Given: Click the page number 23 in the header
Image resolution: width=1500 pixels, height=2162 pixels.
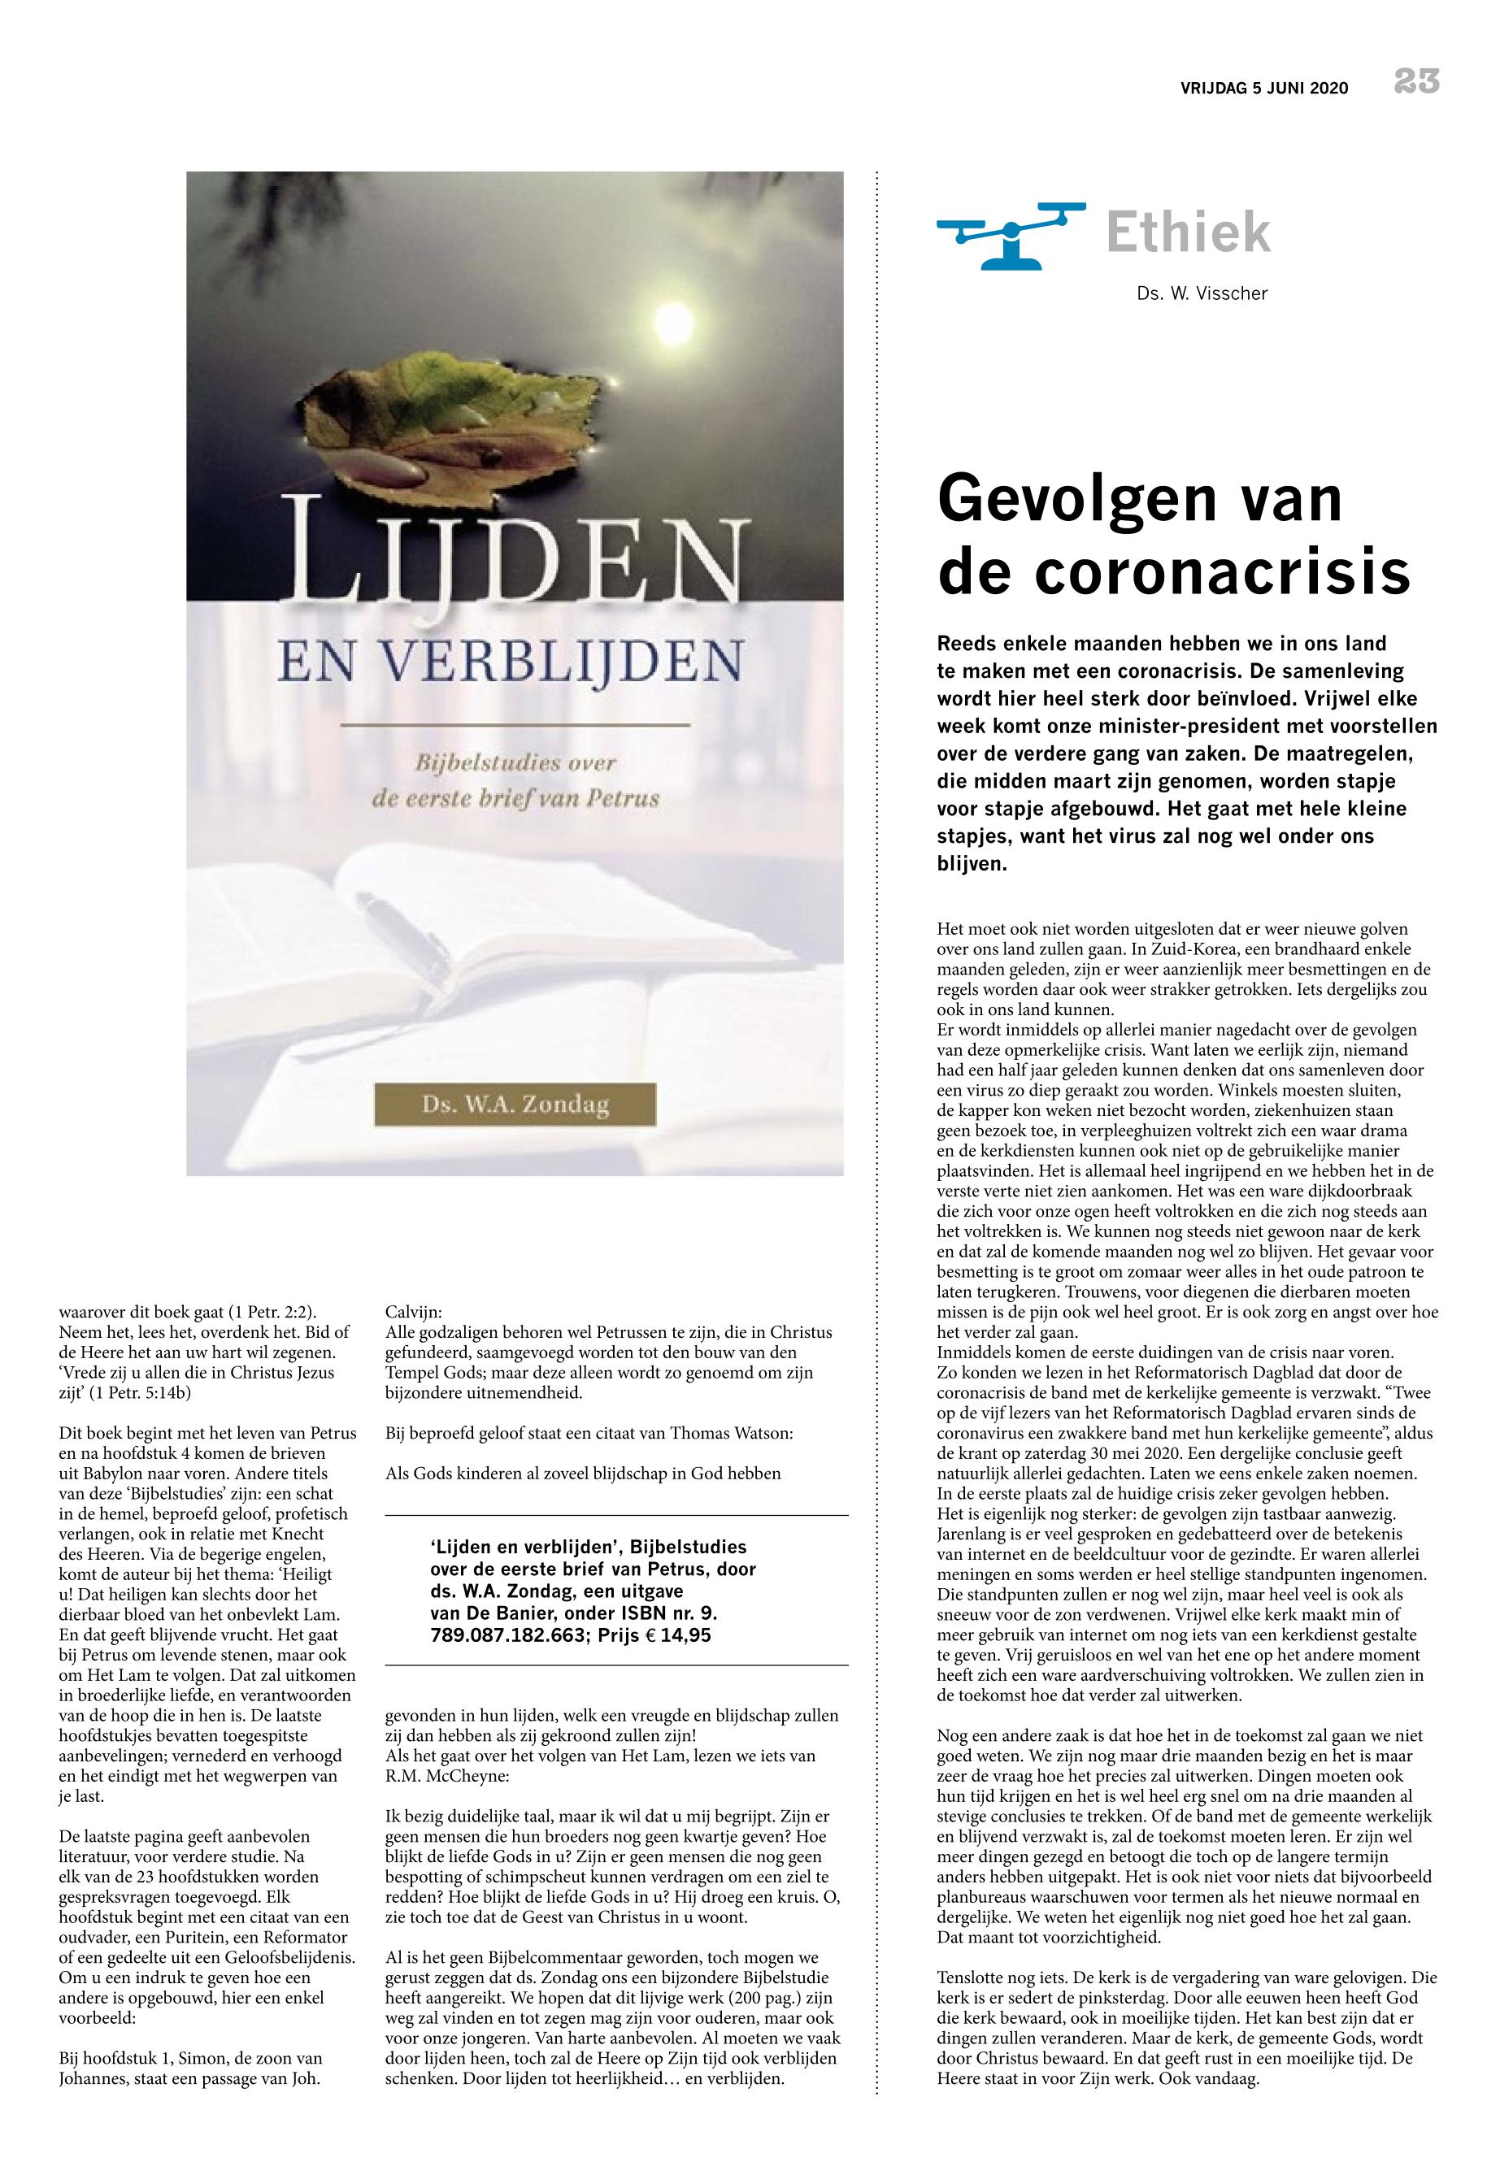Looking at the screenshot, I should (1416, 83).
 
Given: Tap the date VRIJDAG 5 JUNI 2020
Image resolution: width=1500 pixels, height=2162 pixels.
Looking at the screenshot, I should (1264, 89).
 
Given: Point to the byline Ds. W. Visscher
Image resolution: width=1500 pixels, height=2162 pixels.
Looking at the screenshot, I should (1201, 294).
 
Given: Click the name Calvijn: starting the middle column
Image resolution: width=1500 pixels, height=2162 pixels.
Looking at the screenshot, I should (414, 1312).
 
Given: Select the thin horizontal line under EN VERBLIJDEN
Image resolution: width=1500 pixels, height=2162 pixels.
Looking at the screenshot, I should (514, 725).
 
